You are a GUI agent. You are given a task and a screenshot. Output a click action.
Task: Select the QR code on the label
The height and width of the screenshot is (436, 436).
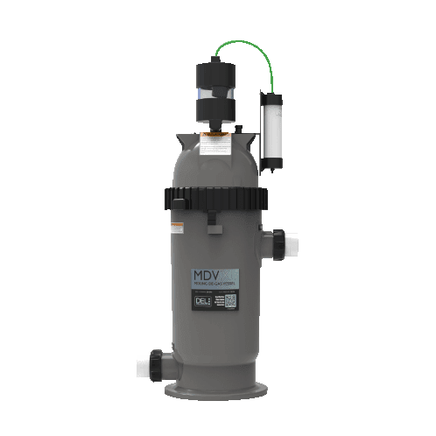[x=230, y=302]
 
